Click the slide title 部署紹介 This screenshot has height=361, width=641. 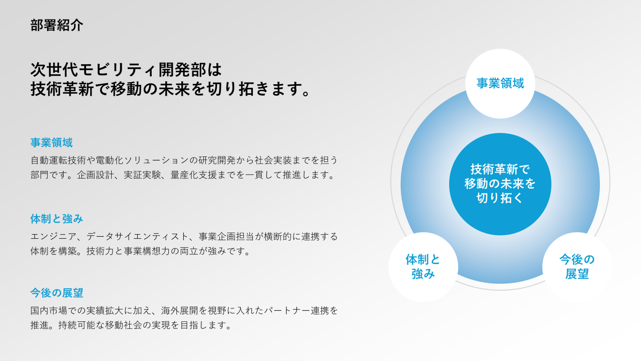[x=57, y=26]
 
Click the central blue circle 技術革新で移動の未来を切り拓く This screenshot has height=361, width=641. [x=500, y=184]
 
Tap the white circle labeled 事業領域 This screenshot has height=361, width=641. [x=500, y=83]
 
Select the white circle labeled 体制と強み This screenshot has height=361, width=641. [x=423, y=267]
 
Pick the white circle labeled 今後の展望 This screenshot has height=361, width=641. [x=577, y=267]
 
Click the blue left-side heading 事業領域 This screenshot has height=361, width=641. [x=51, y=143]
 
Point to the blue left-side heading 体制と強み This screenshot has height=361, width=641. [x=57, y=219]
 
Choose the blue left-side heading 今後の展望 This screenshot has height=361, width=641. [x=57, y=293]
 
